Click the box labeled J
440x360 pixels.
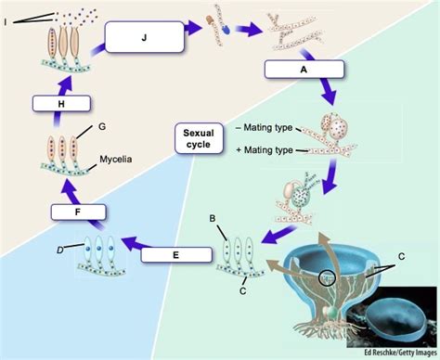(x=144, y=38)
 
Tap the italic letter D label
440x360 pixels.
(x=60, y=248)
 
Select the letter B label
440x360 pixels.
(x=212, y=220)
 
